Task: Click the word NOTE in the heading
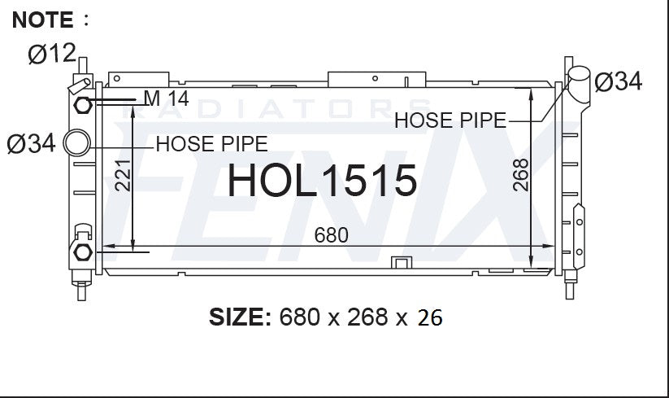tap(42, 20)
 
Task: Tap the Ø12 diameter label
tap(52, 54)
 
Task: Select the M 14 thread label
tap(167, 98)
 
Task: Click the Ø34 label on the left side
tap(31, 143)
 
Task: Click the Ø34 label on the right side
tap(619, 81)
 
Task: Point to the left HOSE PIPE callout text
tap(211, 144)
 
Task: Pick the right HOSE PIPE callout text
tap(450, 120)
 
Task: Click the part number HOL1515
tap(322, 181)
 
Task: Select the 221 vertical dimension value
tap(123, 175)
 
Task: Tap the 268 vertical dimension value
tap(521, 175)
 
